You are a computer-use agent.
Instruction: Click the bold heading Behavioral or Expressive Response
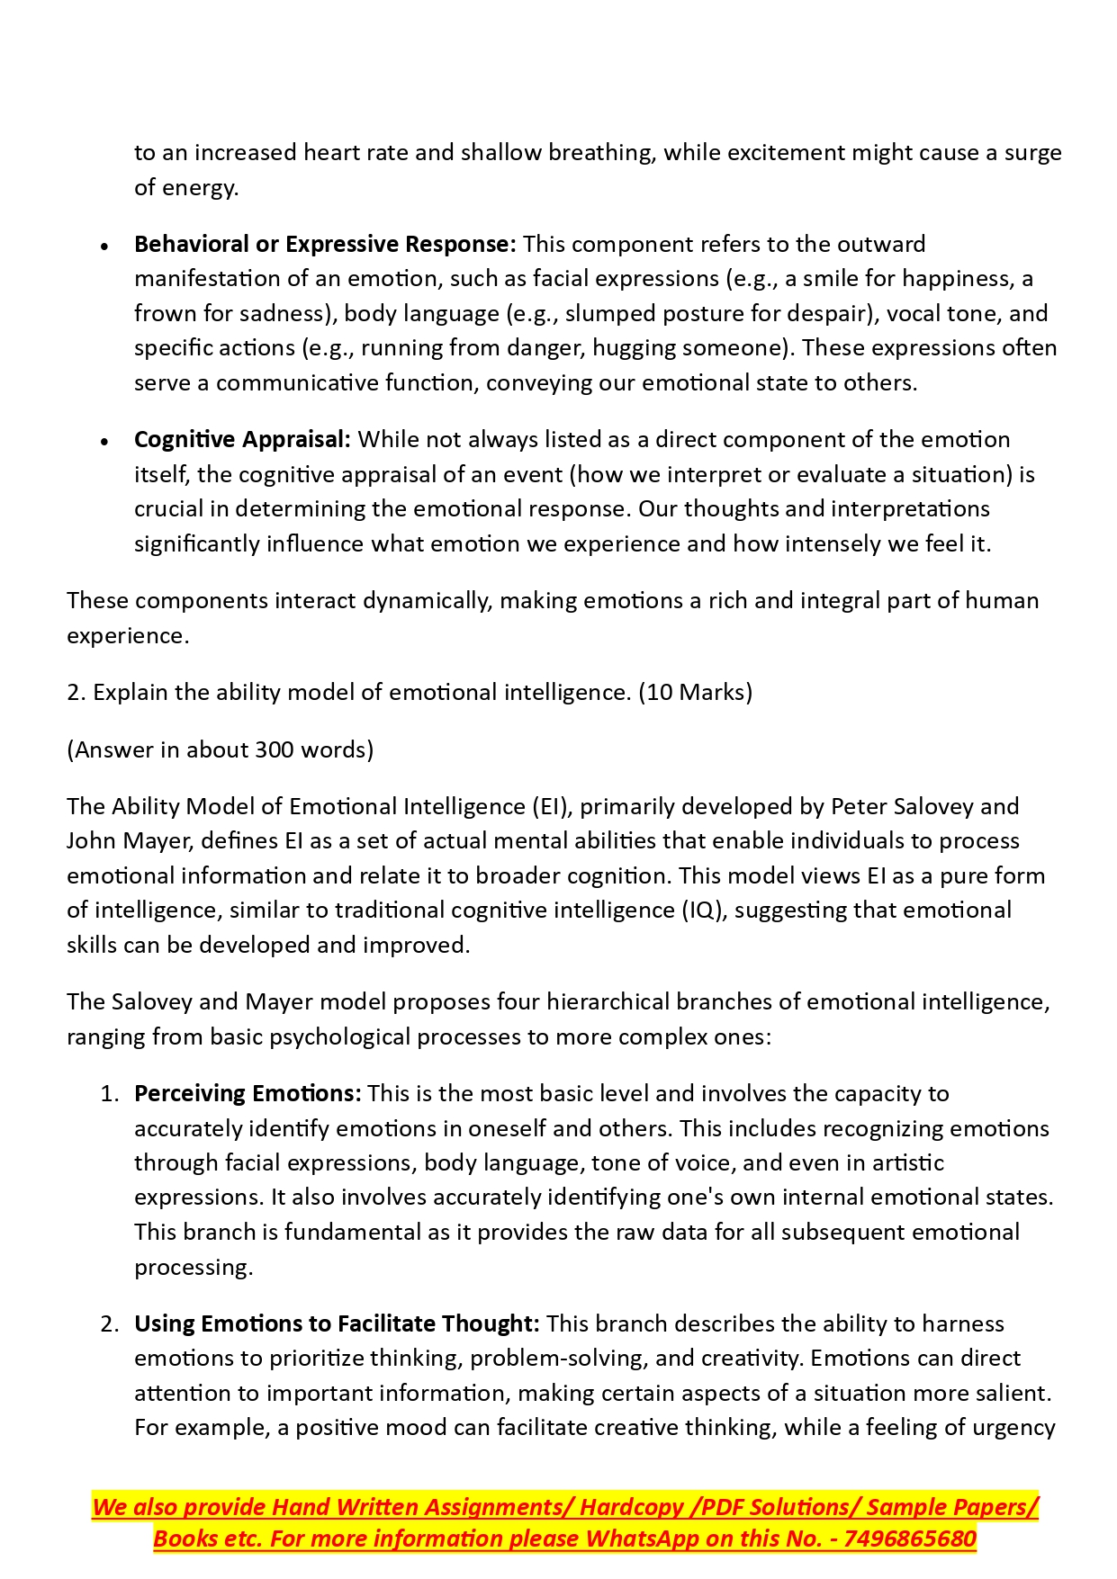(325, 245)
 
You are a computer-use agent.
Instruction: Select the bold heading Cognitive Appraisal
(242, 440)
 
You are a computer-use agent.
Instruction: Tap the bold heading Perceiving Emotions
(248, 1094)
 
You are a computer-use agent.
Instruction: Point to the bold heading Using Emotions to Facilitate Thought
(337, 1324)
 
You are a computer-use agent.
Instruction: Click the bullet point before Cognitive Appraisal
(105, 442)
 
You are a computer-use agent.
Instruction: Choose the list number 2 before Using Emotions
(109, 1324)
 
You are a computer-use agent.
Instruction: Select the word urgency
(1013, 1428)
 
